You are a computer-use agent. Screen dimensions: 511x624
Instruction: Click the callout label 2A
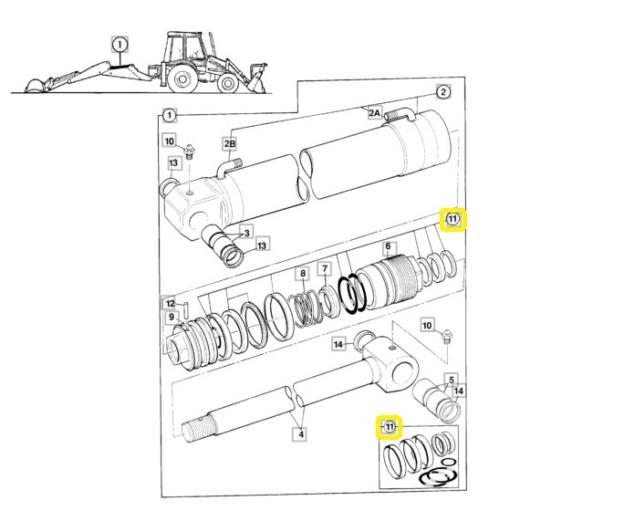pos(374,112)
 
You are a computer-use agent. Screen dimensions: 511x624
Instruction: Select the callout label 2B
pos(230,144)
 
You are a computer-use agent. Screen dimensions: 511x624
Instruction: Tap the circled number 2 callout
pos(443,92)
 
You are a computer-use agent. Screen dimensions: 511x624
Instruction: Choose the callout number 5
pos(450,379)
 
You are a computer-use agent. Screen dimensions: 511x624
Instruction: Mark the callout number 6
pos(388,246)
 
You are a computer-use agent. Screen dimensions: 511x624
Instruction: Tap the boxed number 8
pos(301,274)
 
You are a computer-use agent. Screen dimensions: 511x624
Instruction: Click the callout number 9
pos(171,317)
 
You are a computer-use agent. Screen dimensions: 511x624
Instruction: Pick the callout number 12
pos(170,303)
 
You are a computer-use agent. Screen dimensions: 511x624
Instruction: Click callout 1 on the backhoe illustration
pos(120,43)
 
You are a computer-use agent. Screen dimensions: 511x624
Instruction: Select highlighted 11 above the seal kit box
pos(390,427)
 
